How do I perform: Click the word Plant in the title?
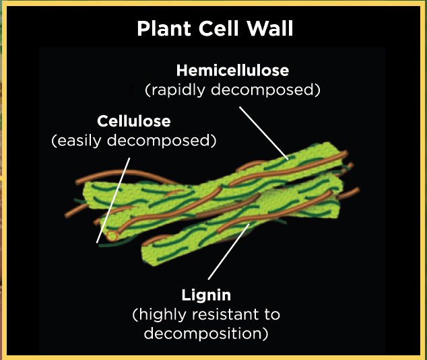[x=161, y=29]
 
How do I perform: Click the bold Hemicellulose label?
[x=232, y=70]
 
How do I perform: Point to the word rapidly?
[x=176, y=89]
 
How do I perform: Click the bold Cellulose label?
[x=133, y=122]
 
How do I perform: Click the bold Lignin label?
[x=206, y=295]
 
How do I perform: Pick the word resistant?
[x=222, y=314]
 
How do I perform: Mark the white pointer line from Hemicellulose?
[x=264, y=132]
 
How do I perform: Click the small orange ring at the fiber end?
[x=112, y=236]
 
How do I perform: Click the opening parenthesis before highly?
[x=135, y=314]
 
